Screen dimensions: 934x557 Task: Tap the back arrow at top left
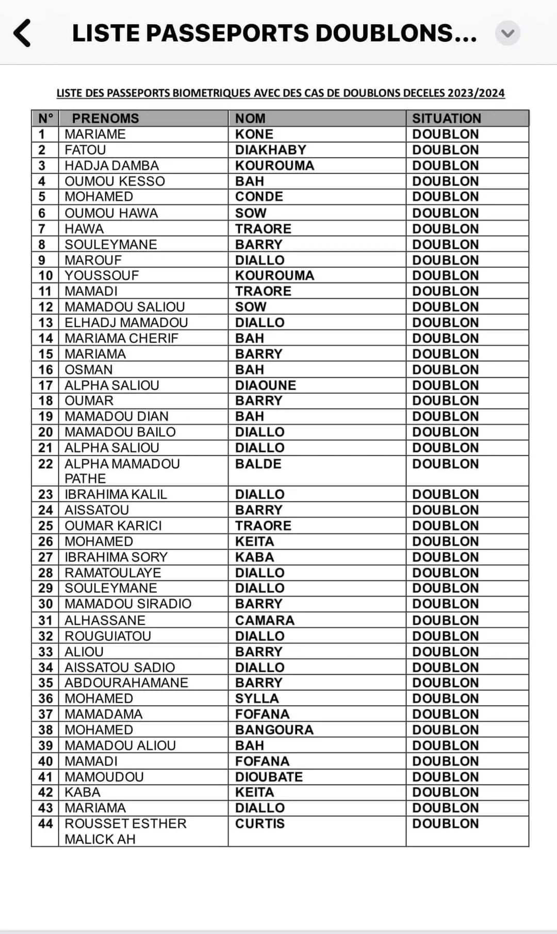tap(22, 34)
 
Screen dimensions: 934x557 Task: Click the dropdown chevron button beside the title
tap(507, 34)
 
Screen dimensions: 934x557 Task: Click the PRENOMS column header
tap(105, 119)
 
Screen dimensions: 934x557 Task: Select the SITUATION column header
tap(446, 119)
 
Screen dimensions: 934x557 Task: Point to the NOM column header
tap(250, 119)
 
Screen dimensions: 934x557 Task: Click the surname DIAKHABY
tap(270, 150)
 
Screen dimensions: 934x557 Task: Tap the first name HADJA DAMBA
tap(111, 165)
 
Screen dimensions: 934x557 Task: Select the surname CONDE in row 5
tap(259, 197)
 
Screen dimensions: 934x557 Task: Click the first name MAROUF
tap(93, 260)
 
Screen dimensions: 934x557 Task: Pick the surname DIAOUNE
tap(266, 386)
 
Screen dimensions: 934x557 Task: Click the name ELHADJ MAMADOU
tap(126, 323)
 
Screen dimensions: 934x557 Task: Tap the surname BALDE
tap(258, 464)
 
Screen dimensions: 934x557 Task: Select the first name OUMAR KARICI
tap(113, 526)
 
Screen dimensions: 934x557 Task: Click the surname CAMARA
tap(265, 620)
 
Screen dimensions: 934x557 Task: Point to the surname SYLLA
tap(257, 698)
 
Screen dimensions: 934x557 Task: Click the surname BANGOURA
tap(274, 730)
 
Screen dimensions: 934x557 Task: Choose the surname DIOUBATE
tap(269, 777)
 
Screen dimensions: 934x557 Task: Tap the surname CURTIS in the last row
tap(259, 824)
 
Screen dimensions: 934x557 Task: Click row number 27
tap(45, 557)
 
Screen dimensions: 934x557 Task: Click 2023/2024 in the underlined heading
tap(476, 93)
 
